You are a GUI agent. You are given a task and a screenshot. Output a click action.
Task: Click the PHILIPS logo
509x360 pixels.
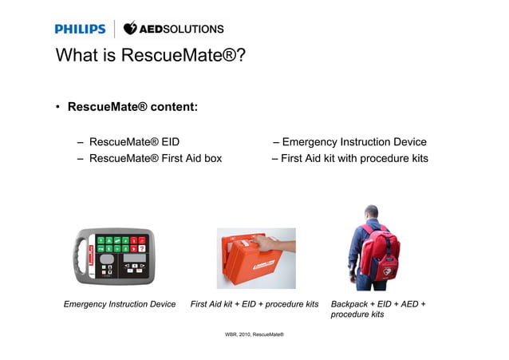pos(80,30)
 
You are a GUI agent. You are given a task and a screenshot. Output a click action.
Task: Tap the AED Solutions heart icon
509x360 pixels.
pos(131,29)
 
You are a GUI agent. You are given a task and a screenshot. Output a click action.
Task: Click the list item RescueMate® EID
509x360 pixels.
pos(134,142)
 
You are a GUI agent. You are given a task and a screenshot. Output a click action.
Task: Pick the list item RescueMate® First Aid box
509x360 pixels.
pos(156,158)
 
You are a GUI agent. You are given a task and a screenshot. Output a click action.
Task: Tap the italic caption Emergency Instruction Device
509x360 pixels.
pos(120,304)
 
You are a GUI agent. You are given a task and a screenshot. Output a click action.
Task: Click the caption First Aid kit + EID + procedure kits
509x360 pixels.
pos(254,304)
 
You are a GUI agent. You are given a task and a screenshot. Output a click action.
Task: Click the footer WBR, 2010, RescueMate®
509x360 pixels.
pos(254,334)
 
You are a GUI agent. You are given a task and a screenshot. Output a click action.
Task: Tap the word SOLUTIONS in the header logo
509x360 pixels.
pos(195,30)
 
